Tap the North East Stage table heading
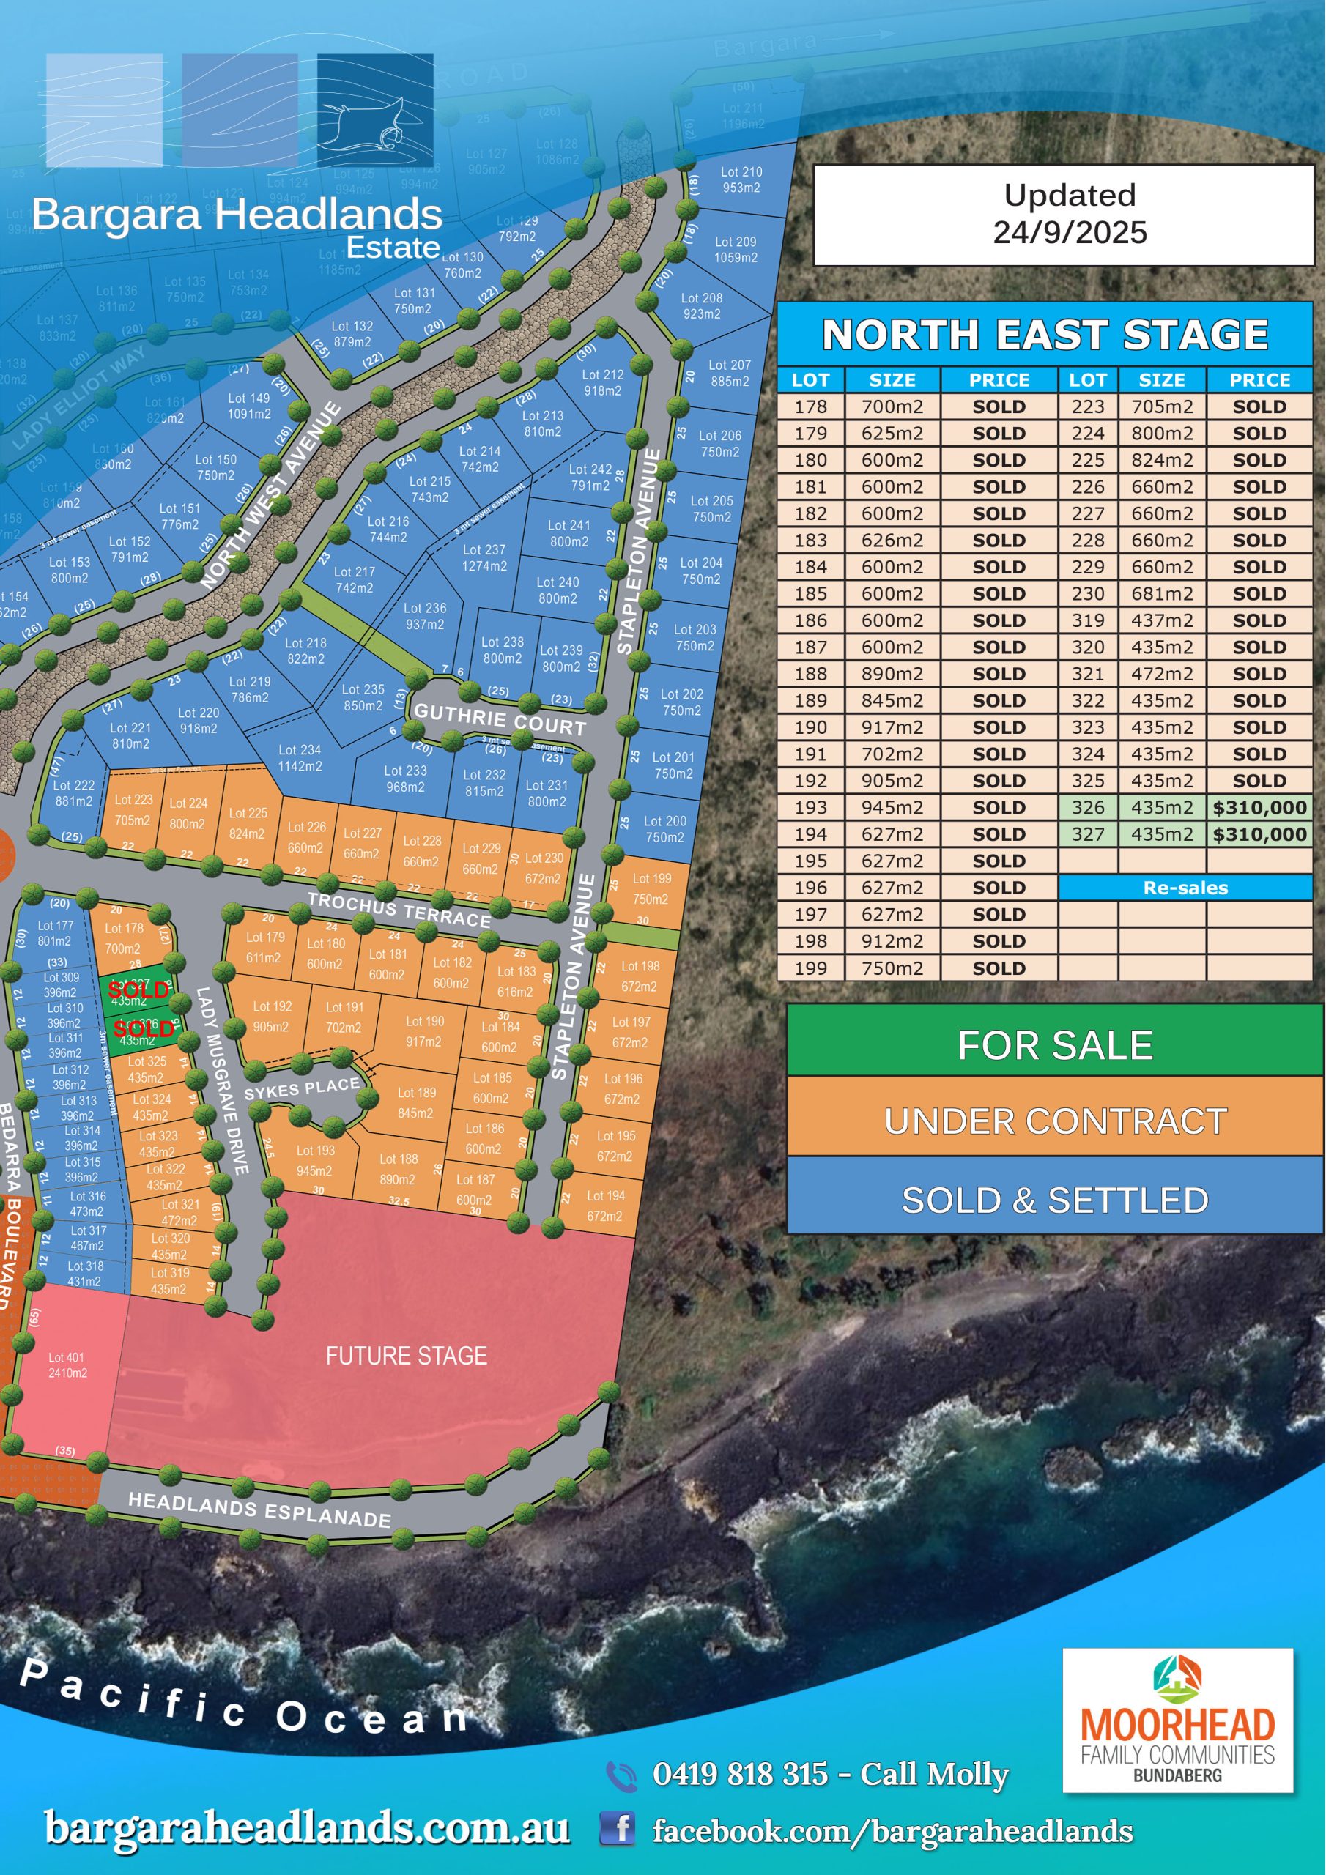tap(1044, 334)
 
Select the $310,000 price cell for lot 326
tap(1259, 808)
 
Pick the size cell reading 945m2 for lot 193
tap(892, 808)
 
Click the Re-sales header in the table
tap(1185, 888)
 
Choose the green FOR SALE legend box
tap(1054, 1045)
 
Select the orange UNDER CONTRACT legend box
tap(1054, 1121)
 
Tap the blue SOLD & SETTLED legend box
tap(1054, 1200)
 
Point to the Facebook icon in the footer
tap(618, 1827)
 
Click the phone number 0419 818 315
tap(739, 1774)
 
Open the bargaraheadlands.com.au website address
tap(306, 1827)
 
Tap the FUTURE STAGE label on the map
tap(406, 1356)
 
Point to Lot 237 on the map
tap(484, 558)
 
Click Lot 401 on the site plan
tap(66, 1365)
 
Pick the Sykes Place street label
tap(302, 1088)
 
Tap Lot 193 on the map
tap(314, 1160)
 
